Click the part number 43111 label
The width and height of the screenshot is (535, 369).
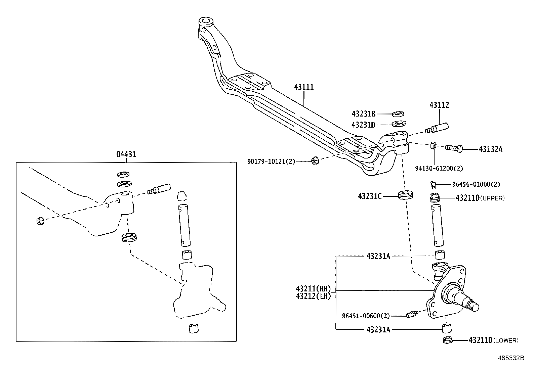tap(304, 87)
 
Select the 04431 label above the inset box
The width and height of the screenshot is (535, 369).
tap(126, 154)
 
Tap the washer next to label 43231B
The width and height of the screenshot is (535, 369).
tap(398, 113)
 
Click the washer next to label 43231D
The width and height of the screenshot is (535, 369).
tap(398, 124)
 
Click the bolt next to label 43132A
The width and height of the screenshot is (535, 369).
tap(454, 148)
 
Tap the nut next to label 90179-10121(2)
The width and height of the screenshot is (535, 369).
tap(315, 161)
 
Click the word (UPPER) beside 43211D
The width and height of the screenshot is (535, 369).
tap(492, 198)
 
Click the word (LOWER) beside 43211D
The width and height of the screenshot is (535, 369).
tap(506, 340)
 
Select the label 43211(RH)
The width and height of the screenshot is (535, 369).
tap(313, 288)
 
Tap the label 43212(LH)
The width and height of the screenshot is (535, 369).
tap(313, 296)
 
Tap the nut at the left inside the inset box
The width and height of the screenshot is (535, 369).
tap(39, 221)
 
